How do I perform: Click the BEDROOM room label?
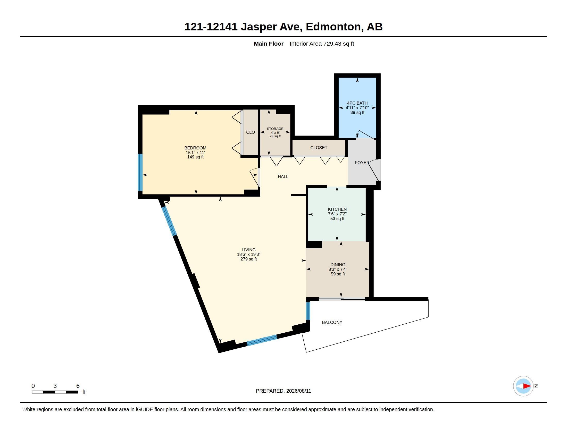195,148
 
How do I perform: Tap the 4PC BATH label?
357,103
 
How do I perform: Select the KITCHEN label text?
337,209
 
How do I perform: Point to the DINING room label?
338,265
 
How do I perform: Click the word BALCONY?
332,322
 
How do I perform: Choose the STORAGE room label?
275,129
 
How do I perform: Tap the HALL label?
283,176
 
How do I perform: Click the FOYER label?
362,162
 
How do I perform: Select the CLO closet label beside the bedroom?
251,132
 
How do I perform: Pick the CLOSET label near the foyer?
319,148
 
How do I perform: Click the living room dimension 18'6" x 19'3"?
249,254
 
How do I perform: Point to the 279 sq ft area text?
249,259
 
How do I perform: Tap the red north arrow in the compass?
527,386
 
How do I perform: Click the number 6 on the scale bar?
78,386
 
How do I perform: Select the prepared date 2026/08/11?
298,391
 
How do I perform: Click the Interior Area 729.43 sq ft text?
322,44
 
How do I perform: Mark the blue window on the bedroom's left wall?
140,172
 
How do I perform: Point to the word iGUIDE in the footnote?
144,409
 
